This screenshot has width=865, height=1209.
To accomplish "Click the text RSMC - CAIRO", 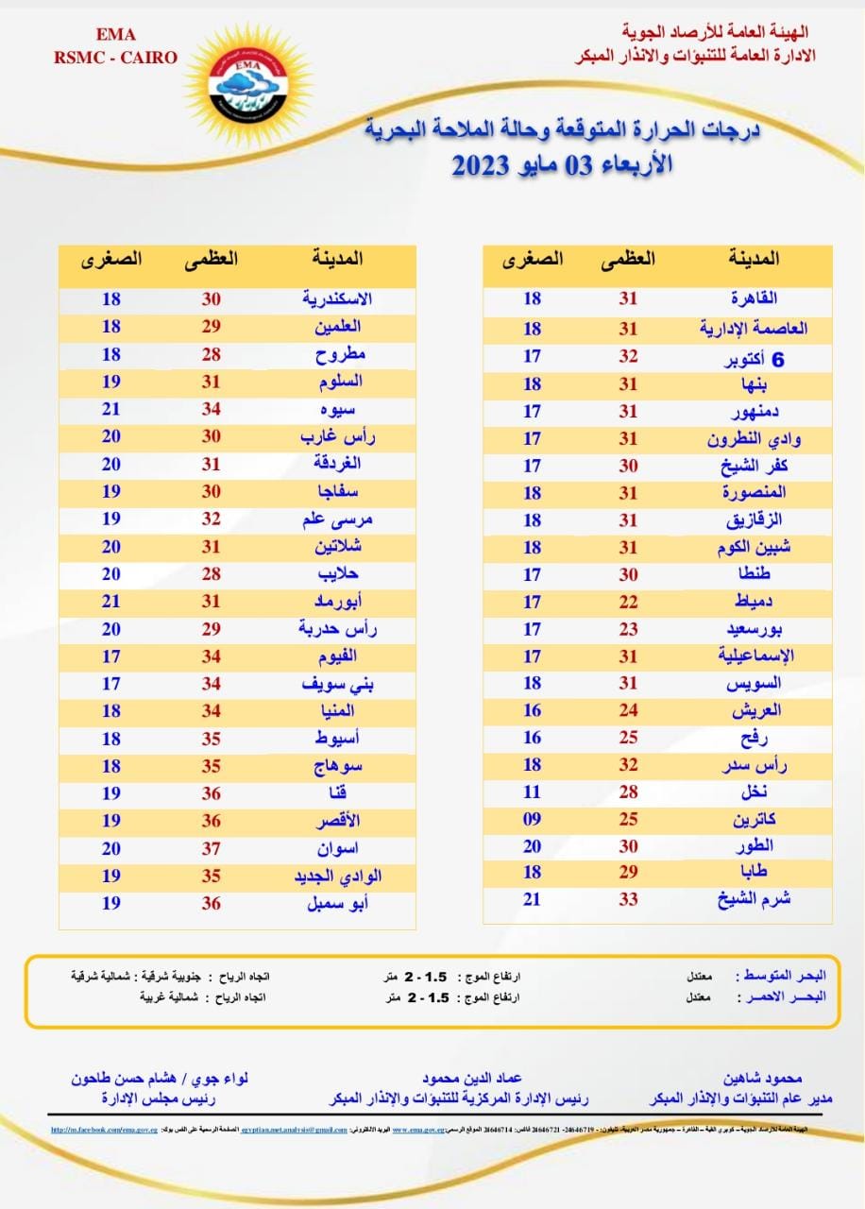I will coord(116,58).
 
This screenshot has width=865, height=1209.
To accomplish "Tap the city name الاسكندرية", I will coord(336,298).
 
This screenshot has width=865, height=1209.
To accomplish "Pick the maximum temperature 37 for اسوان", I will coord(212,848).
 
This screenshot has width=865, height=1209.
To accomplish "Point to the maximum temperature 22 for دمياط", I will coord(629,601).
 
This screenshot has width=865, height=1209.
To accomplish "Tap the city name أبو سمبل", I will coord(335,903).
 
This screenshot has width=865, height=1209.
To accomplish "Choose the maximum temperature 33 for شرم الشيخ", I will coord(629,899).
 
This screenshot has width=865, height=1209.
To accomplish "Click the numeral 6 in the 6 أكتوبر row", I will coord(779,360).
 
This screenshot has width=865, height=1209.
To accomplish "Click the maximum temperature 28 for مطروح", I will coord(212,354).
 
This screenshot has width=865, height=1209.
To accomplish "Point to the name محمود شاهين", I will coord(762,1078).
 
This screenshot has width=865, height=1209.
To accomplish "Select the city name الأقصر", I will coord(337,821).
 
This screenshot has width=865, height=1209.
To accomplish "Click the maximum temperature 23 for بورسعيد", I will coord(629,628).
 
